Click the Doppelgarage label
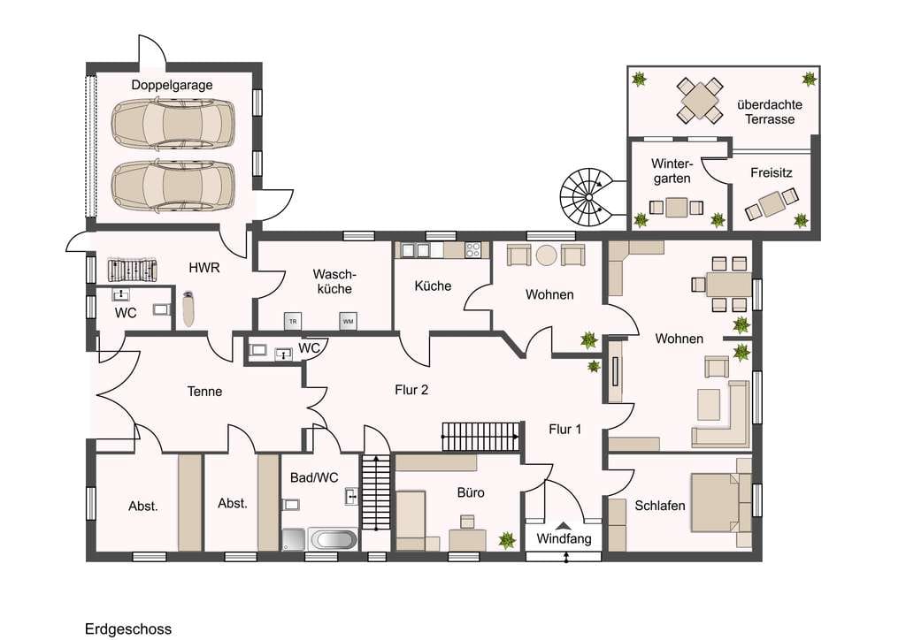172,86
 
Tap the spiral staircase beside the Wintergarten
587,197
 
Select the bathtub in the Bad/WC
333,539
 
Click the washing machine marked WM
348,321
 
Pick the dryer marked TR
293,321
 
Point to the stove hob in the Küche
473,250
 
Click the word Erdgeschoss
128,629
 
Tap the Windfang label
564,539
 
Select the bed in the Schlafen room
721,503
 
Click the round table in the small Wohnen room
546,255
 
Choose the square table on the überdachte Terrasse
699,101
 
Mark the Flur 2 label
411,390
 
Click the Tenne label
204,392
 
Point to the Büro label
471,492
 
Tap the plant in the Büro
507,540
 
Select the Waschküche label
334,281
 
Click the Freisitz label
771,172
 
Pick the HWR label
204,268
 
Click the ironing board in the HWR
188,309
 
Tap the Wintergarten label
672,171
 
